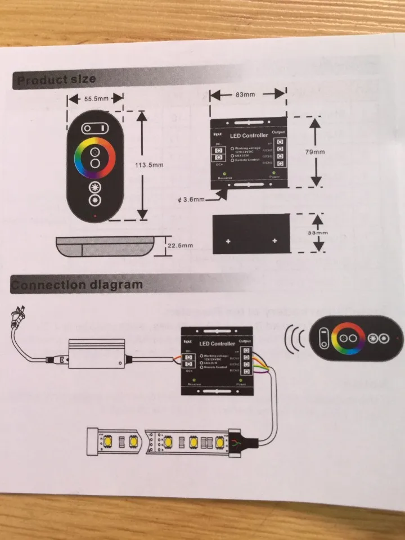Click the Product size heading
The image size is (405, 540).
point(56,80)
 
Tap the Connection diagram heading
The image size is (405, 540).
point(77,285)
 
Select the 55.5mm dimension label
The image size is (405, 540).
point(96,98)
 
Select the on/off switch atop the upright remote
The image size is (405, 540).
point(96,128)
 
